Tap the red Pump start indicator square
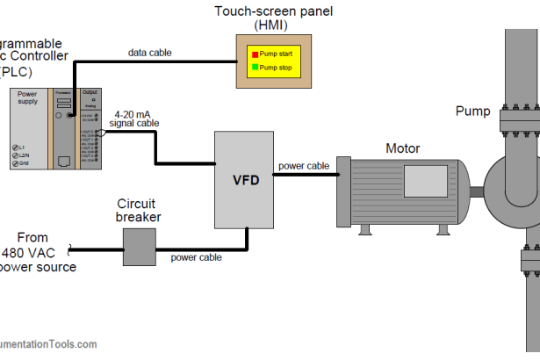[255, 54]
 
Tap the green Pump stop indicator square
[255, 66]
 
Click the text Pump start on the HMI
[278, 54]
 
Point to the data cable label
[150, 53]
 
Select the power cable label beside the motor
[304, 165]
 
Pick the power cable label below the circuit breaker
[196, 257]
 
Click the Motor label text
[403, 148]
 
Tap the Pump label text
[472, 111]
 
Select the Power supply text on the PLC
[27, 98]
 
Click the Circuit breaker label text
[139, 211]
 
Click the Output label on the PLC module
[90, 92]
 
